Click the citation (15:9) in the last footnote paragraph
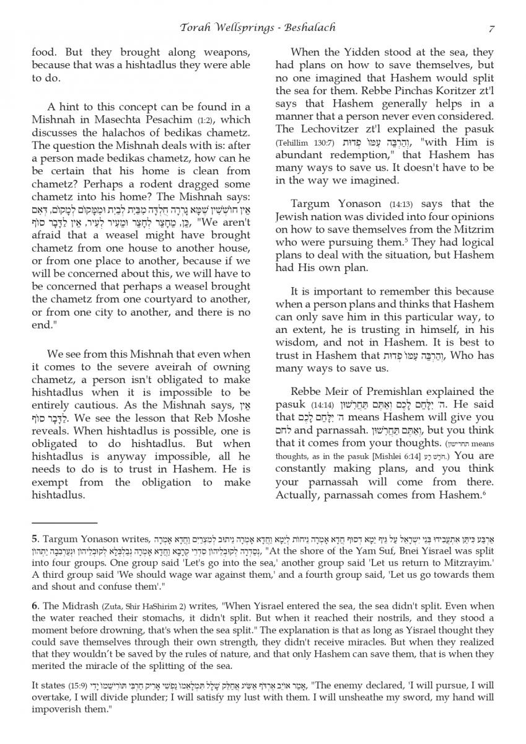point(79,685)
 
